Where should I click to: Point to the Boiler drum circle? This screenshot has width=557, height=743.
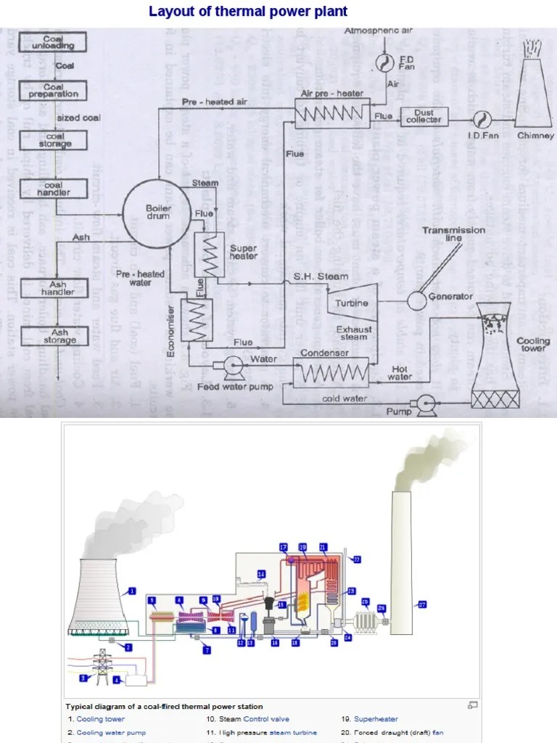coord(157,211)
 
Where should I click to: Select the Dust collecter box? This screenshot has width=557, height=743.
coord(424,117)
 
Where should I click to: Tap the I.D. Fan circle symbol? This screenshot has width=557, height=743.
coord(479,118)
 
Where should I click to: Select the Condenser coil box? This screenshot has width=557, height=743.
coord(331,374)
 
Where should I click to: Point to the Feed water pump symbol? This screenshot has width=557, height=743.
coord(234,368)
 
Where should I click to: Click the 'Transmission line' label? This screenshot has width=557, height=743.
coord(453,234)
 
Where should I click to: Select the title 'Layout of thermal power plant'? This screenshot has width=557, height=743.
coord(248,11)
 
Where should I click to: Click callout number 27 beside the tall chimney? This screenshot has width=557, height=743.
coord(421,604)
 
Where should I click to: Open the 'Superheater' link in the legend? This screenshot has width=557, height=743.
coord(376,719)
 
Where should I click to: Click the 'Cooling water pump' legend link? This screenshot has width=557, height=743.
coord(111,733)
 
